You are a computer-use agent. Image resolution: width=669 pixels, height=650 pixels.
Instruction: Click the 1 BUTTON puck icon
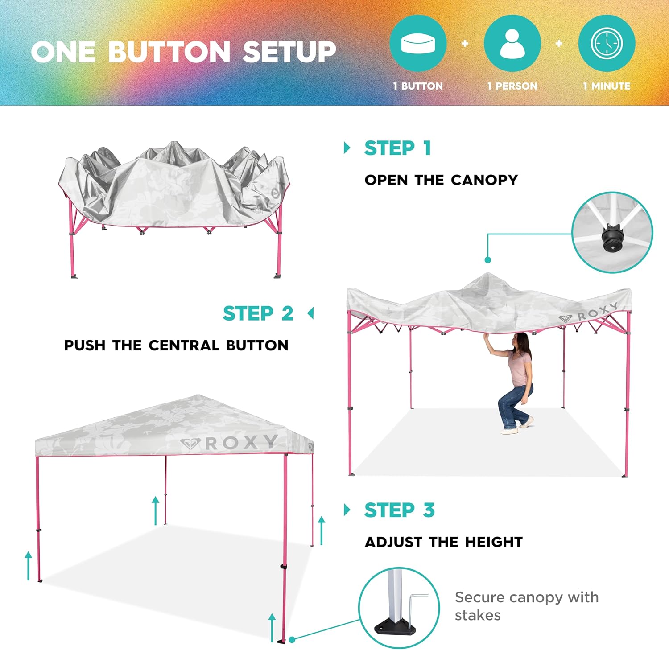coord(418,43)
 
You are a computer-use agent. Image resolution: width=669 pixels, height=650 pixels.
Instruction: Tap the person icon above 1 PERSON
coord(512,43)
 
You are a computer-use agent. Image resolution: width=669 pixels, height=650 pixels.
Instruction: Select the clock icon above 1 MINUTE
coord(607,43)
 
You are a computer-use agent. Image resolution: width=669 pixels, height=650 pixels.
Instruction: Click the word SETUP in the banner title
coord(289,52)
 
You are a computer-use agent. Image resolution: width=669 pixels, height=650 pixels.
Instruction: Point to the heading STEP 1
coord(398,148)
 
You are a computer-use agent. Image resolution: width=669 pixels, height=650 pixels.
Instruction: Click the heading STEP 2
coord(258,313)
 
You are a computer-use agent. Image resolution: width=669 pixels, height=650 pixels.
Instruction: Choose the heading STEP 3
coord(399,510)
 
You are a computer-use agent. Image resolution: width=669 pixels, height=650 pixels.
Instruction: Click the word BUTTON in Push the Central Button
coord(257,345)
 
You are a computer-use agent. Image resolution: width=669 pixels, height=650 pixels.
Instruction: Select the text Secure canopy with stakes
coord(527,606)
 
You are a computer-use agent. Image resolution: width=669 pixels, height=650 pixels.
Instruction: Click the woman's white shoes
coord(517,425)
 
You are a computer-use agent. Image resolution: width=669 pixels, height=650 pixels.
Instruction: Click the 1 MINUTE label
coord(607,86)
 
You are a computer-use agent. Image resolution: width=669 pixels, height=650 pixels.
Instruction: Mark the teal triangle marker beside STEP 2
coord(311,313)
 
